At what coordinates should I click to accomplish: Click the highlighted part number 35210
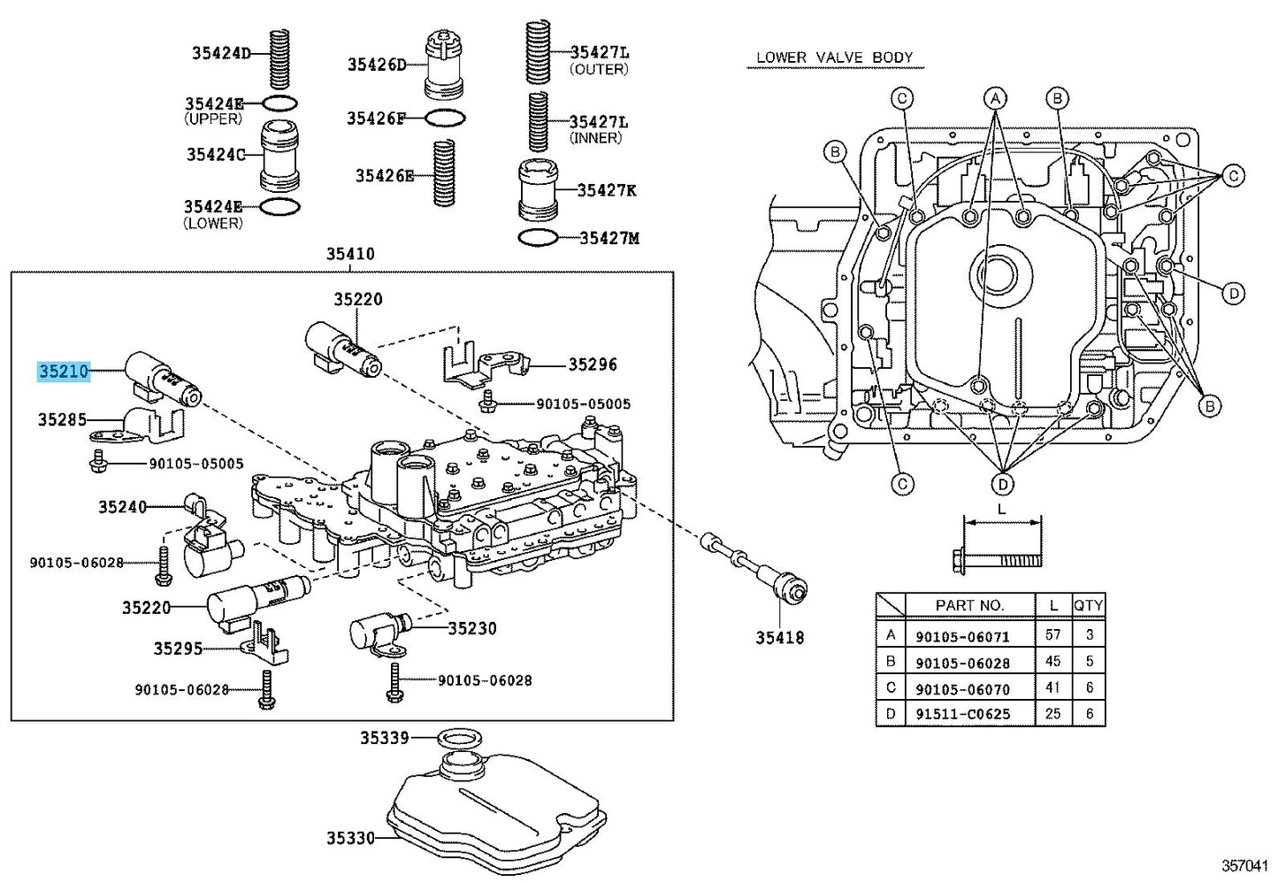coord(64,372)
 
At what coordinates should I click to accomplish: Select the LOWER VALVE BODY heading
coord(834,58)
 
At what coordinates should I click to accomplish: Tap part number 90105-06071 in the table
coord(962,636)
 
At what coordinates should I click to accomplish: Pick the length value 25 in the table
coord(1052,713)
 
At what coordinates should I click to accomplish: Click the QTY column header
coord(1088,605)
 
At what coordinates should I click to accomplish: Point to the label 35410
coord(350,254)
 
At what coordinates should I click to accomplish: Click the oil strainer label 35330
coord(350,837)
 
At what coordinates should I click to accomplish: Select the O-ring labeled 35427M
coord(537,238)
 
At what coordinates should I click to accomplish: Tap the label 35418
coord(779,637)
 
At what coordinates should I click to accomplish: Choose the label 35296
coord(593,365)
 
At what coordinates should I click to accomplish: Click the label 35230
coord(472,628)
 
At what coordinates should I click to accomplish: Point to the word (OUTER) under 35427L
coord(599,69)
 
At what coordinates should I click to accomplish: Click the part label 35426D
coord(377,65)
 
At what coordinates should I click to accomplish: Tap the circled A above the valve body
coord(995,97)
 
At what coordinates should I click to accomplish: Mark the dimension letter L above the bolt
coord(1001,510)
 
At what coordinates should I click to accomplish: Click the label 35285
coord(62,419)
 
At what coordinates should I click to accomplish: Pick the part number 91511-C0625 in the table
coord(962,713)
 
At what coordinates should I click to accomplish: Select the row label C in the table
coord(890,687)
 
